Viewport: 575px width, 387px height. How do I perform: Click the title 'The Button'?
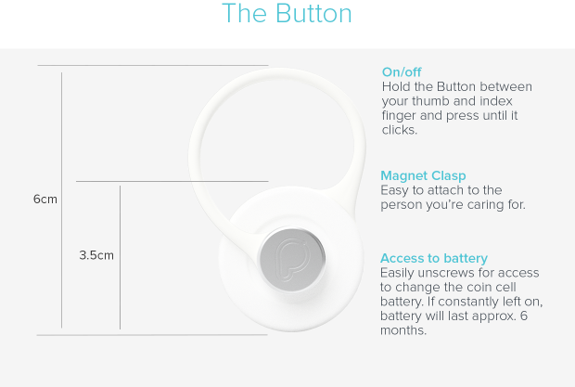(x=287, y=14)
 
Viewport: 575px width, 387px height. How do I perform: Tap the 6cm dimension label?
(x=45, y=200)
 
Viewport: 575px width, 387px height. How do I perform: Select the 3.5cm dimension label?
(x=96, y=255)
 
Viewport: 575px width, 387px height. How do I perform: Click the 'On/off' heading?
(x=402, y=71)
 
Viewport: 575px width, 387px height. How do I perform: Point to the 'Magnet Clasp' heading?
(x=423, y=175)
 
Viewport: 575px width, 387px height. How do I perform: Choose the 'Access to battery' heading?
(x=434, y=258)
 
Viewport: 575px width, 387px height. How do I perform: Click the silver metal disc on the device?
(x=292, y=259)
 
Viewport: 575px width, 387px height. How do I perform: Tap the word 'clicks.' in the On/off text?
(x=400, y=130)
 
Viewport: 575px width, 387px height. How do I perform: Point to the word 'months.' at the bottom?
(x=403, y=330)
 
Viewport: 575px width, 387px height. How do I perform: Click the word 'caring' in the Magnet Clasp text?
(x=486, y=205)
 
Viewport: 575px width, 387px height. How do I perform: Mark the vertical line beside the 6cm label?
(x=61, y=200)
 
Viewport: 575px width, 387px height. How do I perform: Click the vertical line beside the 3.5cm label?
(x=120, y=257)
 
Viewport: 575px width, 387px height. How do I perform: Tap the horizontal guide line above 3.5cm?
(x=172, y=181)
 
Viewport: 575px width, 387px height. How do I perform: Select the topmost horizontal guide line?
(x=153, y=65)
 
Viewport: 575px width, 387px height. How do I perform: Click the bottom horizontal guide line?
(x=152, y=335)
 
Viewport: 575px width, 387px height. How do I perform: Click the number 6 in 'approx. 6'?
(x=524, y=316)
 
